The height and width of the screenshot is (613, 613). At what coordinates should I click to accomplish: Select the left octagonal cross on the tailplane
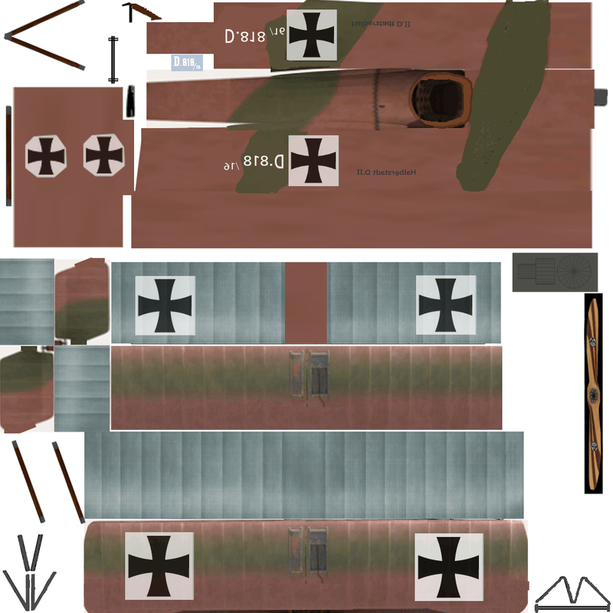coord(45,156)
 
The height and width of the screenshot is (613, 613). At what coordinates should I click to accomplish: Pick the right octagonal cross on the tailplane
coord(102,156)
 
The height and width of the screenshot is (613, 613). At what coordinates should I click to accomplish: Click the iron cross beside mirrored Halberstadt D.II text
coord(311,34)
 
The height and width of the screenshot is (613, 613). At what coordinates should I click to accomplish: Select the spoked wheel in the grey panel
coord(575,271)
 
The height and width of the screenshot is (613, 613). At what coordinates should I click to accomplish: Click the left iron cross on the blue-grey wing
coord(165,306)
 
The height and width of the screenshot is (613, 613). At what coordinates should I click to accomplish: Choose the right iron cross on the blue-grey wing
coord(445,305)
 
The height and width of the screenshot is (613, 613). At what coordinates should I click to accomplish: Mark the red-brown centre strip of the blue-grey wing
coord(306,303)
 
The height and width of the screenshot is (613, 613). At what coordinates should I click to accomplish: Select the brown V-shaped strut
coord(42,35)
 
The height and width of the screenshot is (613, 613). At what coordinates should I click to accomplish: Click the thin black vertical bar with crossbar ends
coord(114,59)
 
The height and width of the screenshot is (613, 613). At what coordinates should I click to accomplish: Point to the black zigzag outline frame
coord(569,594)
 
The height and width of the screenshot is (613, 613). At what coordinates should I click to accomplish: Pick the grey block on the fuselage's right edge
coord(601,97)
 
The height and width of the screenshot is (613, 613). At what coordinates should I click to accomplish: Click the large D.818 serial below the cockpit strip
coord(254,162)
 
